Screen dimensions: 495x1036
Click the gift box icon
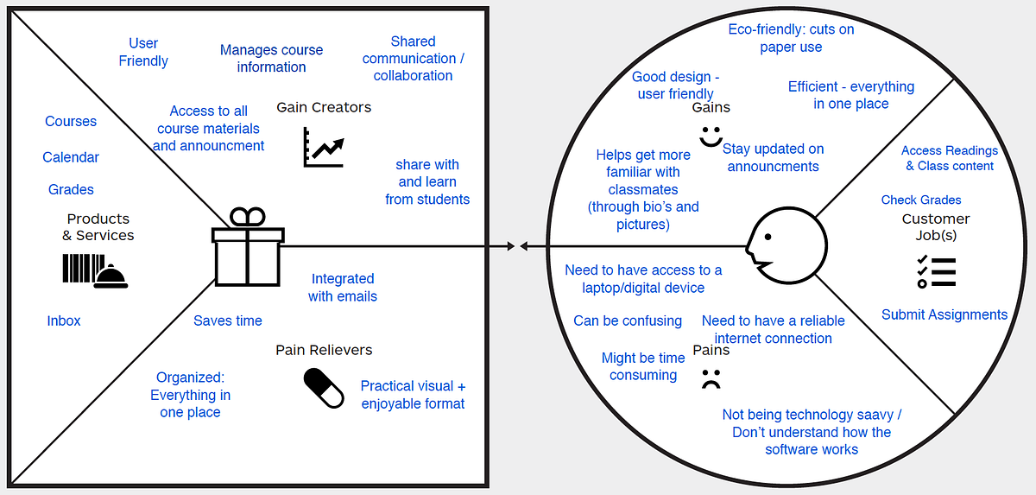248,247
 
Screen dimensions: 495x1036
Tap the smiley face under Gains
711,136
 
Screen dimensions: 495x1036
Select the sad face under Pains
711,378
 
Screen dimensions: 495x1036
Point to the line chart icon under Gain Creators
324,147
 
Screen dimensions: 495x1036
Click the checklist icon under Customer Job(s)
936,271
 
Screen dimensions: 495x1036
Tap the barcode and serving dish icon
95,270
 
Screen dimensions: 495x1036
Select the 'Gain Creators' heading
324,107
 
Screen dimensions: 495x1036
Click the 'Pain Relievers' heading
324,350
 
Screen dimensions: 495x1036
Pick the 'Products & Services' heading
98,226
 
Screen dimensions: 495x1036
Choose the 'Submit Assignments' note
944,314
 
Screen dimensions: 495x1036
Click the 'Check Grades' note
921,200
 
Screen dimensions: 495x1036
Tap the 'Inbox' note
64,320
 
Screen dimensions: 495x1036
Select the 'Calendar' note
71,157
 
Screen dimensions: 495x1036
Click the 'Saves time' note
228,320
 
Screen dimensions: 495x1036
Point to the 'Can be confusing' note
628,320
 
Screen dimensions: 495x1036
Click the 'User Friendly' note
143,52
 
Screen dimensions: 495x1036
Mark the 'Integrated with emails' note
343,287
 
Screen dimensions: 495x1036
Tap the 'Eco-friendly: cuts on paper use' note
792,38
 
